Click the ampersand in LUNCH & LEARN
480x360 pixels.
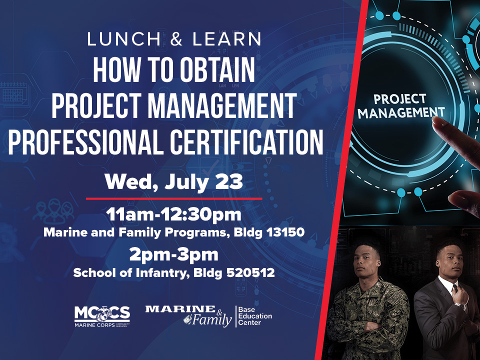click(176, 39)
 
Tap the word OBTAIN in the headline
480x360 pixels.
click(217, 70)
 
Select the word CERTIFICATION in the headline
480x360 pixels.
click(246, 141)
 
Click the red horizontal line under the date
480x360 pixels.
click(174, 198)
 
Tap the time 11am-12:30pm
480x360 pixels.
click(173, 214)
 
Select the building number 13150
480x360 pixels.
click(285, 232)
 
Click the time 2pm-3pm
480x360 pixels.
click(173, 254)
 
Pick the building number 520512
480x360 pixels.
click(250, 272)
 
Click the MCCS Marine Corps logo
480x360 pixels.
click(102, 316)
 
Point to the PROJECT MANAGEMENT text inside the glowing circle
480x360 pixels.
click(400, 106)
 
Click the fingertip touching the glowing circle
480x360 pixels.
click(438, 123)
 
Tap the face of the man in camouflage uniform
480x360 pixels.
click(366, 261)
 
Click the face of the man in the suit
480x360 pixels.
click(449, 261)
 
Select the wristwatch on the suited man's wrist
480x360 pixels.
click(459, 305)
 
